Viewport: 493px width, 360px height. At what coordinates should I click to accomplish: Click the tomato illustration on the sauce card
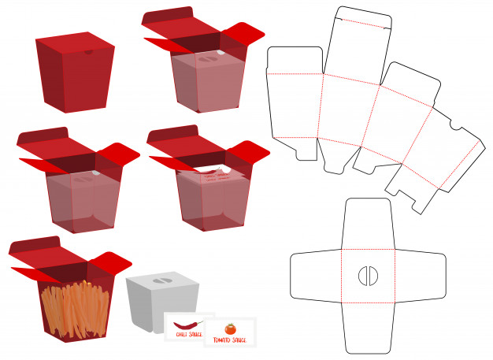(231, 328)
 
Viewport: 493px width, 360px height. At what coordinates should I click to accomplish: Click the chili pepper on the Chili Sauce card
(188, 325)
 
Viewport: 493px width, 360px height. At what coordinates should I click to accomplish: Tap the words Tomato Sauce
(230, 340)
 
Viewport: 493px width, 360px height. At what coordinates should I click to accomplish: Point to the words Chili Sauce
(189, 334)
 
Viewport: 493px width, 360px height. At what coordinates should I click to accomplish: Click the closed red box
(75, 72)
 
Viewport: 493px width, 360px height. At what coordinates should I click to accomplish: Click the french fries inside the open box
(76, 310)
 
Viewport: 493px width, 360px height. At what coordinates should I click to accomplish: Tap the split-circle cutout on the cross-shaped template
(369, 276)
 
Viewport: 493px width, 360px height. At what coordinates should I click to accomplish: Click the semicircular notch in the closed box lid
(89, 52)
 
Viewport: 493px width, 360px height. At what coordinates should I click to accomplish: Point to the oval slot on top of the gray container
(162, 280)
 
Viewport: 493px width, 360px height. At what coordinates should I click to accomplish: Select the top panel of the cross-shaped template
(369, 224)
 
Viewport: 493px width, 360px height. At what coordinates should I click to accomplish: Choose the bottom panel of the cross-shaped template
(369, 328)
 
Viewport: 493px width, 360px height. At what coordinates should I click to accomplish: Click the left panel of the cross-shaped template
(316, 276)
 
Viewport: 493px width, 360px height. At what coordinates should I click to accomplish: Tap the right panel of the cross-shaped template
(421, 276)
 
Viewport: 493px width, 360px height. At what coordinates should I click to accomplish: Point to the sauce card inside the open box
(213, 175)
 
